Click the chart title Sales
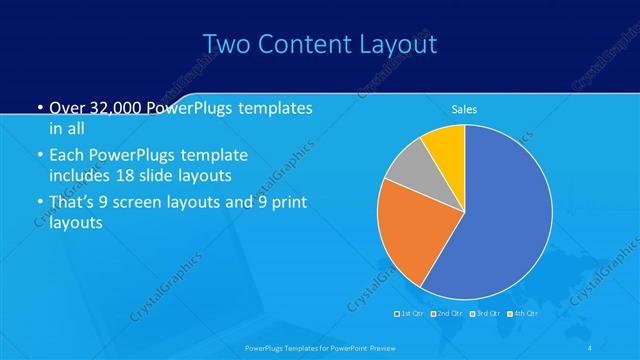coord(464,109)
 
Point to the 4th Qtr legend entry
coord(526,314)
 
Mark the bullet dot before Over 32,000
coord(38,109)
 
